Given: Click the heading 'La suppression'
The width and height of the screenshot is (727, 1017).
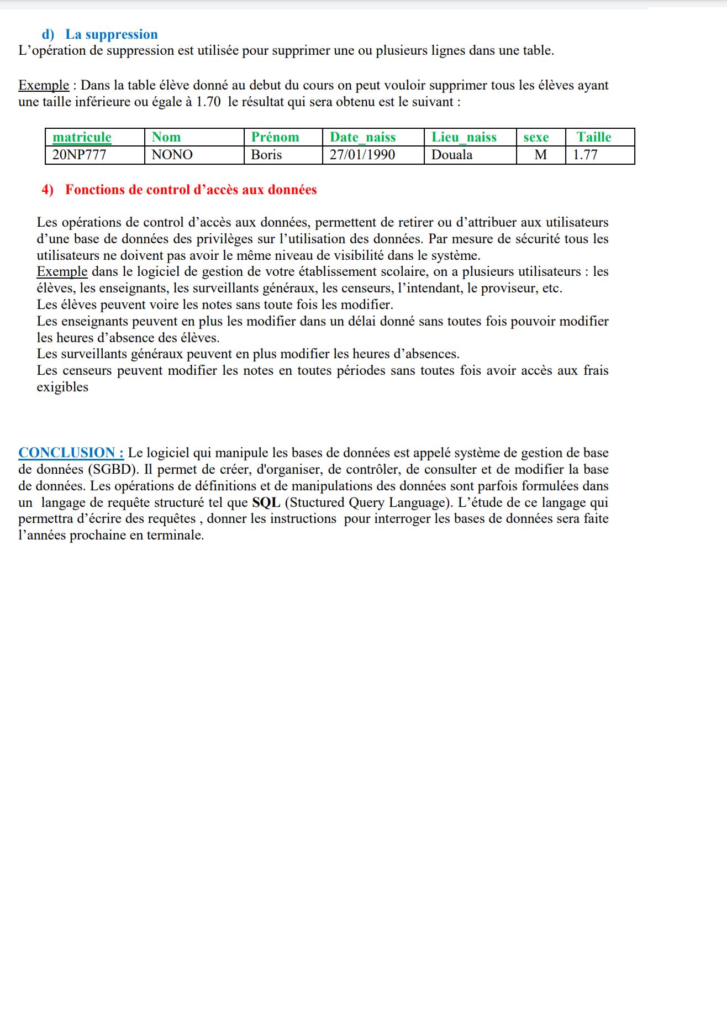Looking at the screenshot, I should [111, 34].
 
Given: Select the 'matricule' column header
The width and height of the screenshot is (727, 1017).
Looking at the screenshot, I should [82, 137].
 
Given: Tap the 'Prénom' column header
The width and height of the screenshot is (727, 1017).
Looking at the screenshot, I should [275, 137].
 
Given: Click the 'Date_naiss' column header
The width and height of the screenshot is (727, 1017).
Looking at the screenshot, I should [362, 137].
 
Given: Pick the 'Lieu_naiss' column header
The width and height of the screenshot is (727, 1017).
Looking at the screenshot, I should [463, 137].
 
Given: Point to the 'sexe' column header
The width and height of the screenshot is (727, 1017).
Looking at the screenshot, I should [536, 137].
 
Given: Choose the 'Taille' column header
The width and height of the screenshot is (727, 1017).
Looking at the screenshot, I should [593, 137].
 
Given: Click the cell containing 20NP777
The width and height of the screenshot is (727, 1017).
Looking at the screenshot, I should [79, 155].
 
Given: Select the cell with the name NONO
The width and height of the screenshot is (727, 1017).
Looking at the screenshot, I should [172, 155].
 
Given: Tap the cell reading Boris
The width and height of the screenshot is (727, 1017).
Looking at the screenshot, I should [266, 155].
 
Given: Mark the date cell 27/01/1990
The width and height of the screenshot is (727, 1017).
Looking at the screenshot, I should [362, 155].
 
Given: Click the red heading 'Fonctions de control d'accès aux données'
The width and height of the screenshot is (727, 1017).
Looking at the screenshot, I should [191, 190].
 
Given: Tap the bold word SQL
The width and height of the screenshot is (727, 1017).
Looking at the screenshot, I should [266, 502].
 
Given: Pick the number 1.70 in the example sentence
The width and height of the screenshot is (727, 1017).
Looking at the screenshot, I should [208, 102].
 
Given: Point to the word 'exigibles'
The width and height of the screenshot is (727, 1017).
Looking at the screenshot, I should [62, 387].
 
